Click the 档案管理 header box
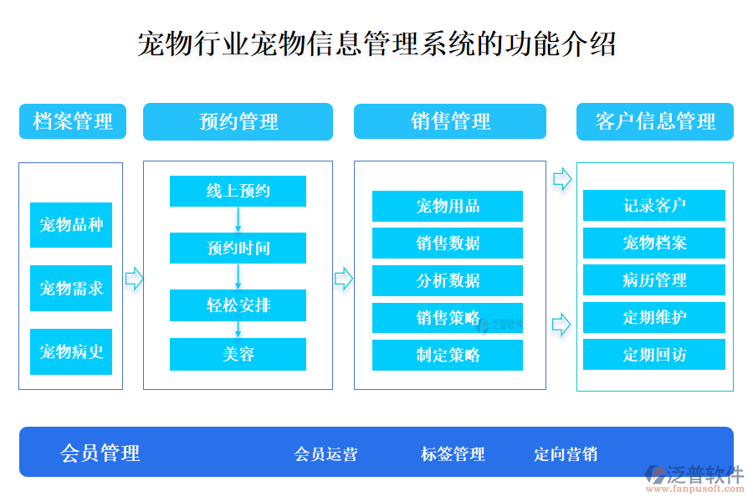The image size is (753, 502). pyautogui.click(x=73, y=121)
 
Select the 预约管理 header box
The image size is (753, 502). pyautogui.click(x=238, y=121)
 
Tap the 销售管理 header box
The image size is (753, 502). pyautogui.click(x=449, y=121)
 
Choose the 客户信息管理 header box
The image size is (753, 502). pyautogui.click(x=654, y=121)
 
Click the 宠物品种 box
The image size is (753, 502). pyautogui.click(x=71, y=225)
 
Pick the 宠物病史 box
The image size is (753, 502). pyautogui.click(x=71, y=351)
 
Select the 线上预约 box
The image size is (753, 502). pyautogui.click(x=238, y=191)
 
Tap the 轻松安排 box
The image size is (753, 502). pyautogui.click(x=238, y=305)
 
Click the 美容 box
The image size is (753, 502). pyautogui.click(x=238, y=354)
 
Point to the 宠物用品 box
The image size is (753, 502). pyautogui.click(x=447, y=206)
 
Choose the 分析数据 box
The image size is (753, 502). pyautogui.click(x=447, y=280)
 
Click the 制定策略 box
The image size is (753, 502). pyautogui.click(x=447, y=355)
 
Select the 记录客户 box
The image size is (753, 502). pyautogui.click(x=653, y=206)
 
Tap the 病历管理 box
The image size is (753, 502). pyautogui.click(x=653, y=280)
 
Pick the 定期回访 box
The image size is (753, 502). pyautogui.click(x=653, y=355)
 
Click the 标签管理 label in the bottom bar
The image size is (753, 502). pyautogui.click(x=453, y=453)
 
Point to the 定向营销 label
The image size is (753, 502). pyautogui.click(x=566, y=453)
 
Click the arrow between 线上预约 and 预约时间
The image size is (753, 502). pyautogui.click(x=238, y=219)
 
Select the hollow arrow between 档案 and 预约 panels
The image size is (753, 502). pyautogui.click(x=134, y=279)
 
